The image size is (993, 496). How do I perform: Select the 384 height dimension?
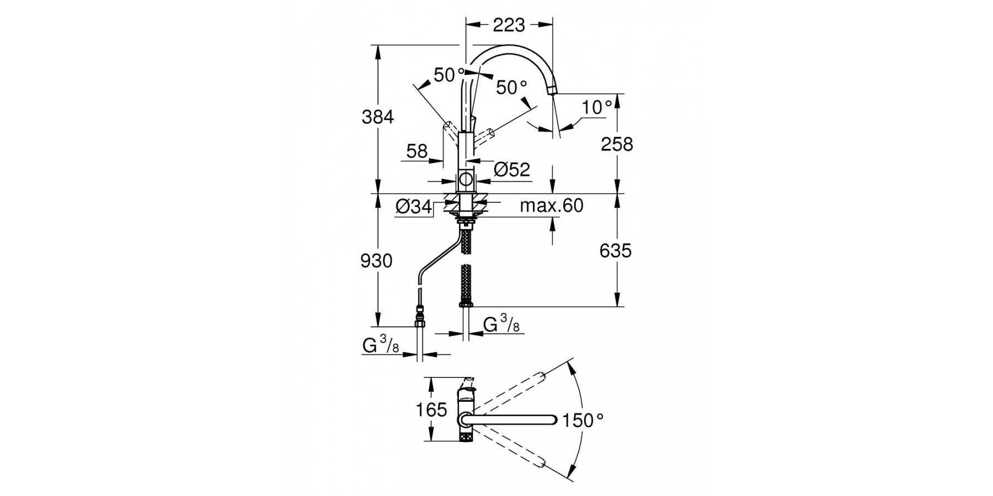point(378,117)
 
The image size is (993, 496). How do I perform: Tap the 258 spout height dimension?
point(617,144)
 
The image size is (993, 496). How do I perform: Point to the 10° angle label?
point(597,107)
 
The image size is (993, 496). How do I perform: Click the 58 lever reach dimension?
point(417,151)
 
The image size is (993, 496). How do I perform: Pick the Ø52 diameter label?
point(512,170)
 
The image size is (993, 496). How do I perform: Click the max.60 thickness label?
point(551,206)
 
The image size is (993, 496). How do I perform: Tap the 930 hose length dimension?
point(376,261)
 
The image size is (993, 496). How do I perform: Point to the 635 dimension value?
point(615,251)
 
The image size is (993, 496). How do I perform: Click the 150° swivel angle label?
point(583,421)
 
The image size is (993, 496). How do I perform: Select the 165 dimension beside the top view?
point(431,410)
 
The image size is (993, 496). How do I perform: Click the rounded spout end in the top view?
point(554,420)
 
